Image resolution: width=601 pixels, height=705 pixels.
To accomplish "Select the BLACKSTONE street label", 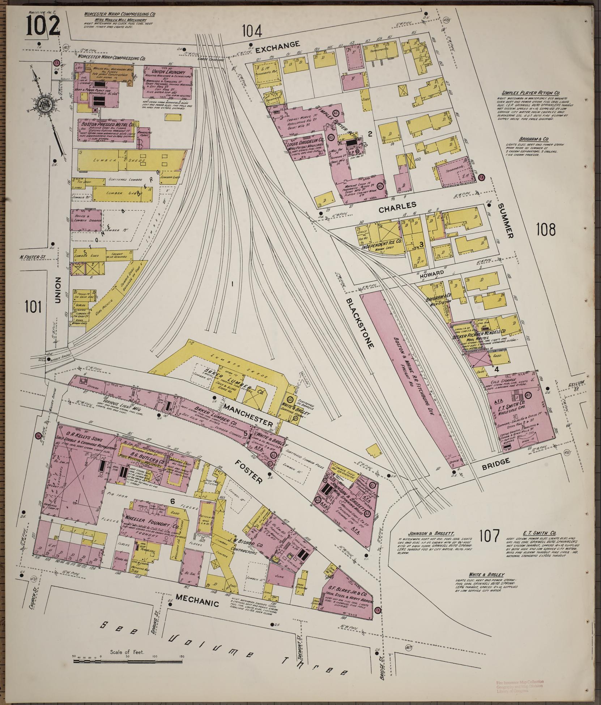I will pos(359,323).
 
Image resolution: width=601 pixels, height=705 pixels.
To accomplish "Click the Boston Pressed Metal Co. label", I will pos(105,123).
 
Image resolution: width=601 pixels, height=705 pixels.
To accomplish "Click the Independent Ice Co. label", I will pos(380,241).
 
